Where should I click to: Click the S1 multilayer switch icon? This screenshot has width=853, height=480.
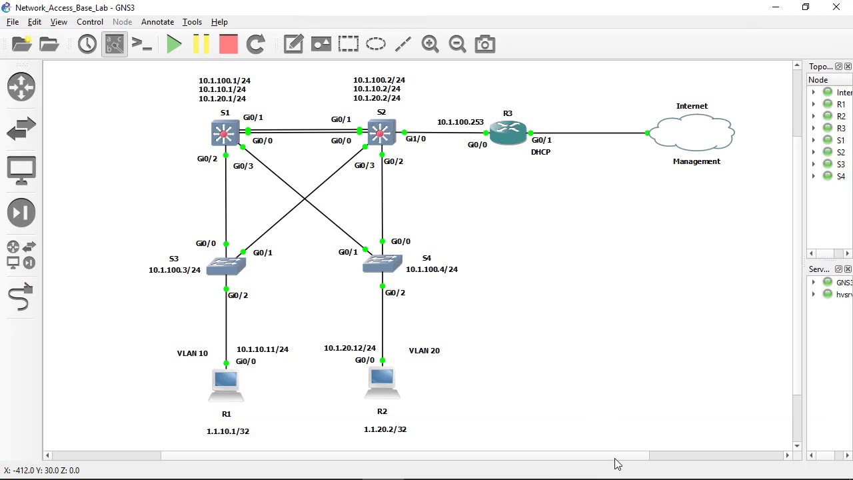pyautogui.click(x=225, y=133)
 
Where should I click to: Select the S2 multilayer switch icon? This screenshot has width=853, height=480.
pyautogui.click(x=381, y=133)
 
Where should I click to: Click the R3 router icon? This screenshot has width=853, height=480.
pyautogui.click(x=508, y=133)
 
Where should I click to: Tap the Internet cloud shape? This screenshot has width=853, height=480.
pyautogui.click(x=692, y=132)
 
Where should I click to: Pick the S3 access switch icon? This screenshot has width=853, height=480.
pyautogui.click(x=227, y=267)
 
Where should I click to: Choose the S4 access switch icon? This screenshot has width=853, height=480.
pyautogui.click(x=382, y=264)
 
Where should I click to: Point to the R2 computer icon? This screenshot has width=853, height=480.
pyautogui.click(x=382, y=382)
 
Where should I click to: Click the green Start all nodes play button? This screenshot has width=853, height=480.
pyautogui.click(x=174, y=44)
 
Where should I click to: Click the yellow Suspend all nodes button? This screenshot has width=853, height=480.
pyautogui.click(x=201, y=44)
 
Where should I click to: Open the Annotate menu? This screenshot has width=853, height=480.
pyautogui.click(x=157, y=22)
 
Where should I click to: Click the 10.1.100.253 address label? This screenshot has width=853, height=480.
pyautogui.click(x=460, y=122)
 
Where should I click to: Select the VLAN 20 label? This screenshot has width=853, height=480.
pyautogui.click(x=424, y=351)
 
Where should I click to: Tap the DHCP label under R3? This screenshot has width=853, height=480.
pyautogui.click(x=540, y=152)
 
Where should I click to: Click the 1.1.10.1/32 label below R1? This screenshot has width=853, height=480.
pyautogui.click(x=228, y=431)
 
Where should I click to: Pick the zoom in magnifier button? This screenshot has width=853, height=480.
pyautogui.click(x=430, y=44)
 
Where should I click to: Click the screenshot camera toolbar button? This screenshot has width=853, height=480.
pyautogui.click(x=484, y=44)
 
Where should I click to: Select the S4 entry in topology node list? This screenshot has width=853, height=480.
pyautogui.click(x=840, y=177)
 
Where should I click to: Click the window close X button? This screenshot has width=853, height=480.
pyautogui.click(x=836, y=7)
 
